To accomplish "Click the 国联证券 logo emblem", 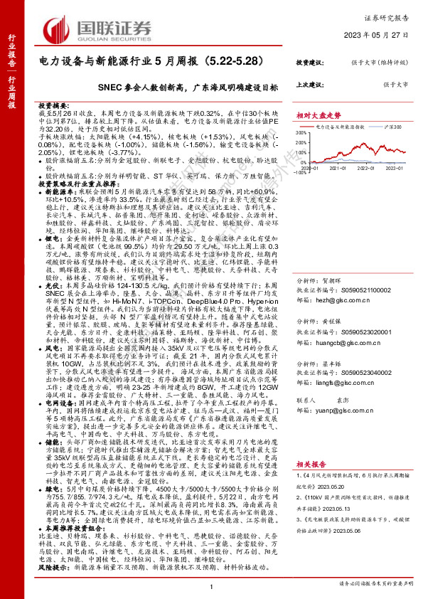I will coord(57,29).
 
